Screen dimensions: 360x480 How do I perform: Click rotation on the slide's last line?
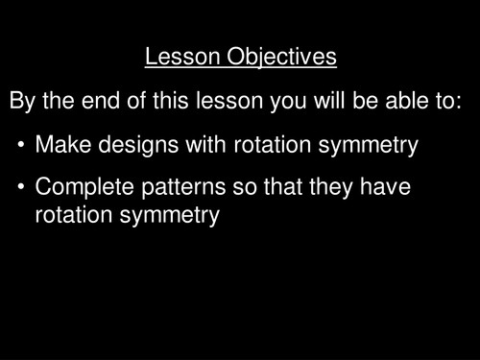pos(73,216)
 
